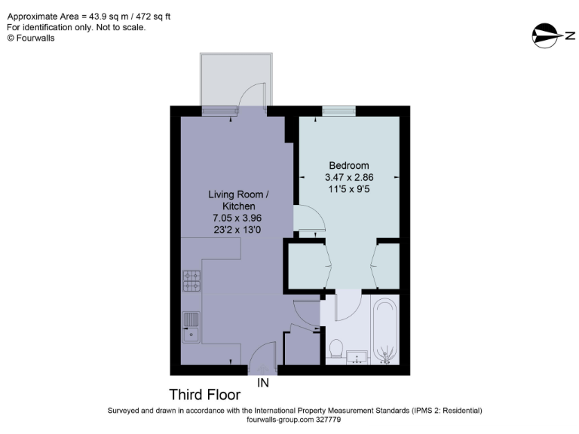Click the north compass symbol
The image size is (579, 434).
(x=549, y=35)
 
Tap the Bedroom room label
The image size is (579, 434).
(x=348, y=166)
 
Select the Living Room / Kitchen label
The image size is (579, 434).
(x=238, y=200)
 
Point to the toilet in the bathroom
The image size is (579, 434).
(x=337, y=349)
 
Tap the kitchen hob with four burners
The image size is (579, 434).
(x=191, y=280)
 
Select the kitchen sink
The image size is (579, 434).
(x=191, y=326)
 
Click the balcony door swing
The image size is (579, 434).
(x=253, y=94)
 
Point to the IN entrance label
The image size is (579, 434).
(x=263, y=383)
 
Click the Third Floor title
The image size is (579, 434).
(x=204, y=394)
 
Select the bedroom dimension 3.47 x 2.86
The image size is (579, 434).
(x=348, y=178)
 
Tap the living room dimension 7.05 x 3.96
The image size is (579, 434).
(x=238, y=219)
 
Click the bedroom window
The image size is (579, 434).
(x=339, y=112)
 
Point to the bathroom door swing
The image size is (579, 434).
(x=348, y=305)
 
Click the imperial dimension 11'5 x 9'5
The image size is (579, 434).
(x=348, y=189)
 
